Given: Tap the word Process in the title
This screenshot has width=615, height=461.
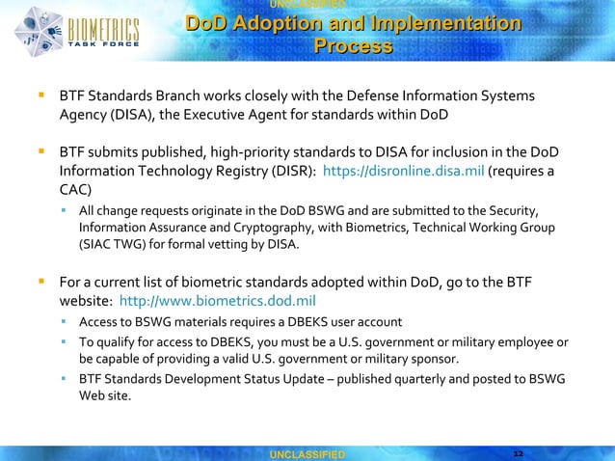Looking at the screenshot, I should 352,46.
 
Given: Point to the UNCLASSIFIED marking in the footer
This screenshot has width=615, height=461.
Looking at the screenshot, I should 307,452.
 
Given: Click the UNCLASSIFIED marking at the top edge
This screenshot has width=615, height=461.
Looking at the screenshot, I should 307,6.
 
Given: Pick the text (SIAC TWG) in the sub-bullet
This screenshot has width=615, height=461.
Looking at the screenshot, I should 117,245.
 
